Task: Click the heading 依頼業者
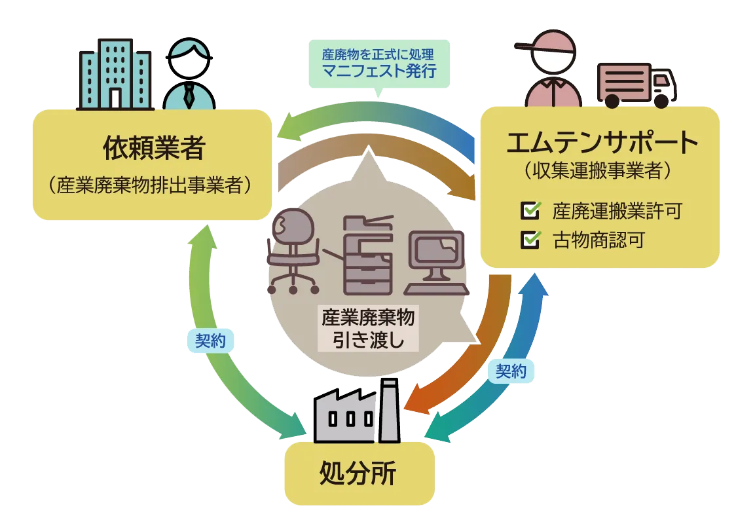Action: [x=154, y=149]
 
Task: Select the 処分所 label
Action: [x=359, y=473]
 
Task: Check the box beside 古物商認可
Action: [x=529, y=240]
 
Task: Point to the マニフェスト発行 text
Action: [x=379, y=69]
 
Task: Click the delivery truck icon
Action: [x=636, y=84]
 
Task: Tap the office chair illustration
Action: [x=294, y=252]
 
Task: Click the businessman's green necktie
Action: [x=189, y=96]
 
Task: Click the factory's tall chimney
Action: [x=389, y=409]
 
